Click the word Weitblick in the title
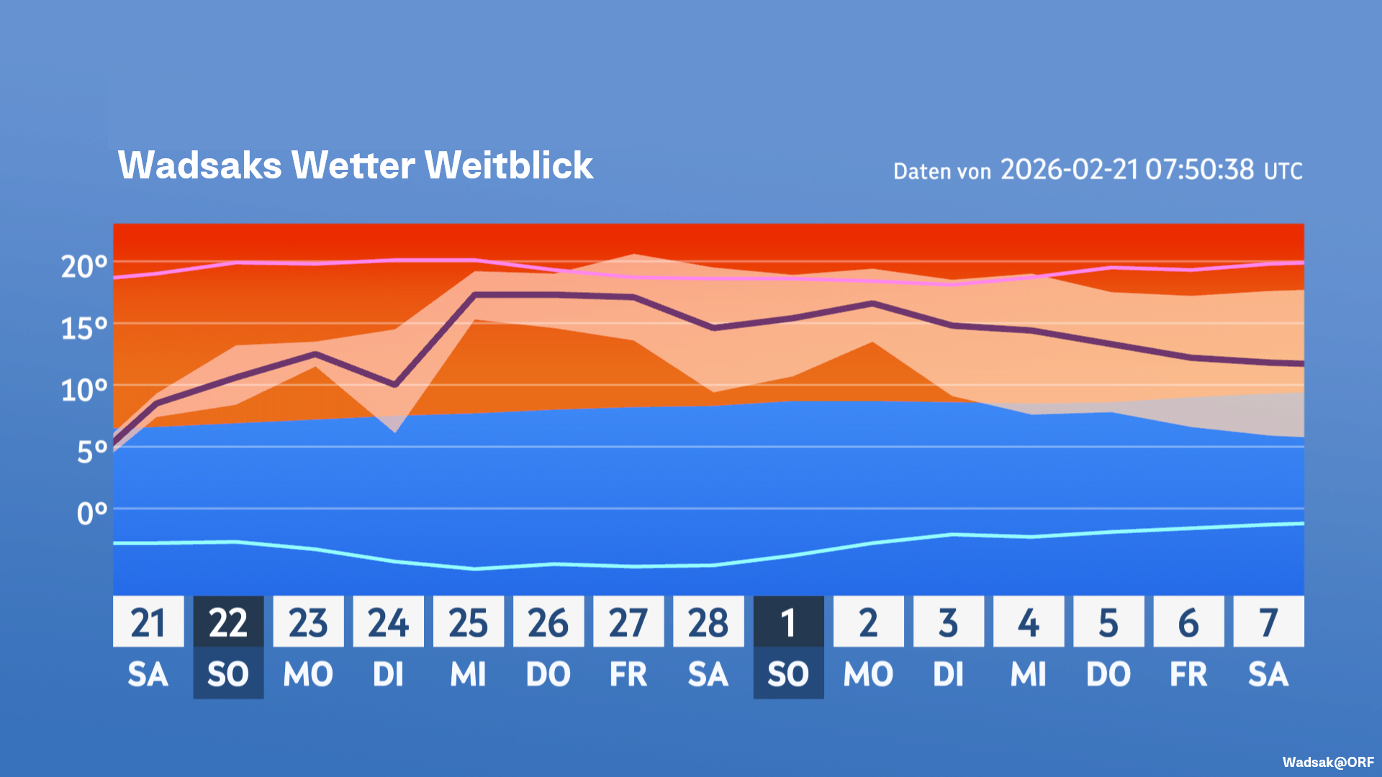pyautogui.click(x=509, y=165)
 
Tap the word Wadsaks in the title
pyautogui.click(x=200, y=165)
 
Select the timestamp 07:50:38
pyautogui.click(x=1200, y=170)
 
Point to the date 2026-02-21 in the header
pyautogui.click(x=1070, y=170)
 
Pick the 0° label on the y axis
pyautogui.click(x=92, y=514)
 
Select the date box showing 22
pyautogui.click(x=228, y=622)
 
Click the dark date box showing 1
pyautogui.click(x=788, y=622)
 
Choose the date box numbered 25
pyautogui.click(x=468, y=622)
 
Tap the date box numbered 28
pyautogui.click(x=708, y=622)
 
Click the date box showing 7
pyautogui.click(x=1268, y=622)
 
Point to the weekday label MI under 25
pyautogui.click(x=468, y=675)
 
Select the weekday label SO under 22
pyautogui.click(x=228, y=675)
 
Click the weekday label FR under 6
pyautogui.click(x=1188, y=675)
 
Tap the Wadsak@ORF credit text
pyautogui.click(x=1328, y=762)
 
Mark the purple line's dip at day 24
pyautogui.click(x=394, y=385)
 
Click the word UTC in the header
pyautogui.click(x=1283, y=171)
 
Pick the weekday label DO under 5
pyautogui.click(x=1108, y=675)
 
